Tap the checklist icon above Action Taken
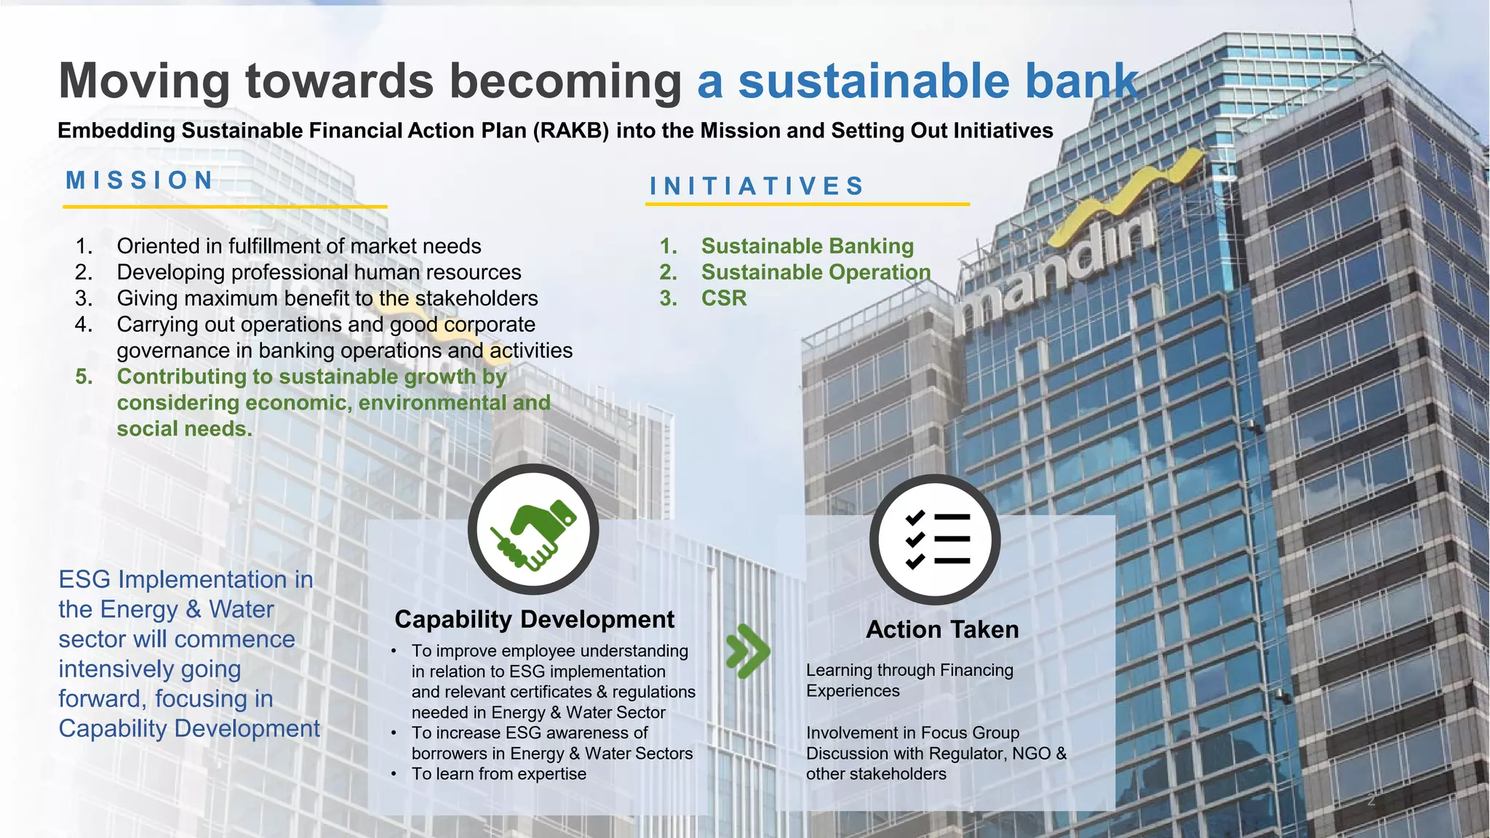pos(936,539)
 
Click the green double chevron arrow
pos(748,650)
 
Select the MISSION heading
pos(140,180)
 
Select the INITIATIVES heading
pos(757,186)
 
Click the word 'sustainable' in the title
pos(874,81)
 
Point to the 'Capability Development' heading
pos(534,619)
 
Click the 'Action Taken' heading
pos(942,629)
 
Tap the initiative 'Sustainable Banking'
pos(807,246)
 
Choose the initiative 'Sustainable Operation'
pos(816,272)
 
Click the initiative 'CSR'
pos(724,298)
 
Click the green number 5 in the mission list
pos(84,377)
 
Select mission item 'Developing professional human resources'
pos(319,272)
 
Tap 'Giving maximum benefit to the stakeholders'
pos(327,298)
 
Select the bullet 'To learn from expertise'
pos(498,774)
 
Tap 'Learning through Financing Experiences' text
pos(909,680)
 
